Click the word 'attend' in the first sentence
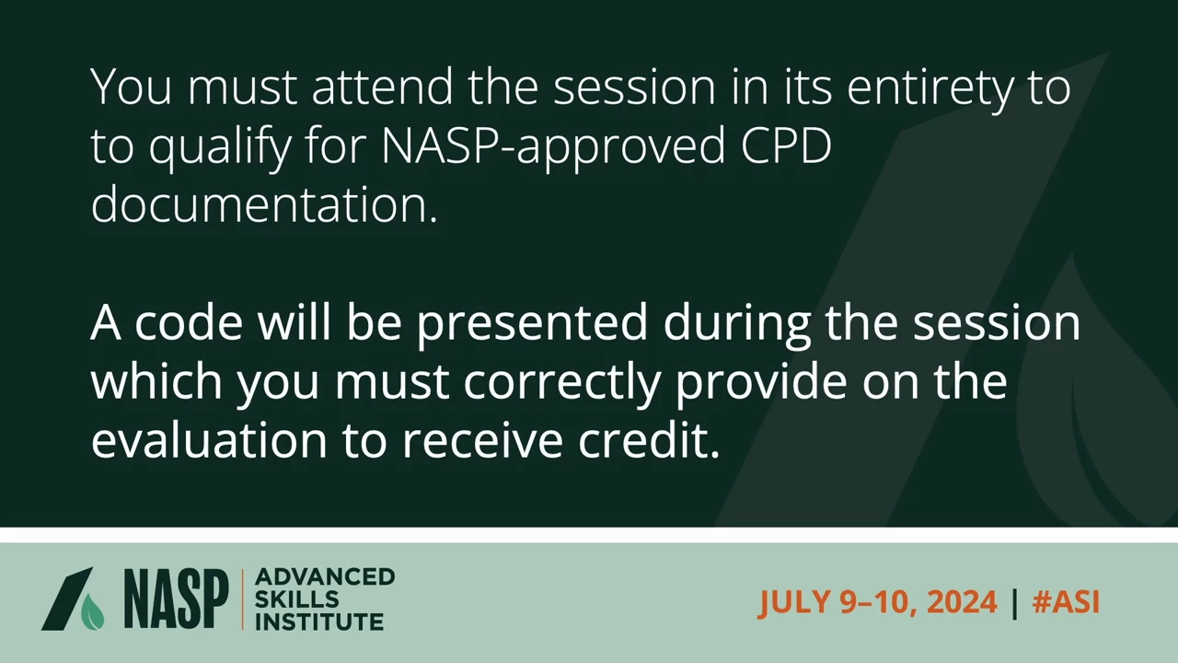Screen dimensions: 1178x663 coord(382,87)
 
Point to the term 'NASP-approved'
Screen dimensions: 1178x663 coord(554,149)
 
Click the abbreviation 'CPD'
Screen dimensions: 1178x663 coord(786,145)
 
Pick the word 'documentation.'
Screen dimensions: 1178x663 coord(264,204)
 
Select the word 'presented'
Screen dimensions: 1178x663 coord(532,327)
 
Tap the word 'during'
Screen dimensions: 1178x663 coord(737,327)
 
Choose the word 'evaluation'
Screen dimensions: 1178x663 coord(209,440)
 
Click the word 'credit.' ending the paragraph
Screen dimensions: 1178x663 coord(649,440)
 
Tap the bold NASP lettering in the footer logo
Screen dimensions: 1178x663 coord(177,599)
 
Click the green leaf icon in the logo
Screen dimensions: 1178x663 coord(93,612)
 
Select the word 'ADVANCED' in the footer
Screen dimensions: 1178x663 coord(325,576)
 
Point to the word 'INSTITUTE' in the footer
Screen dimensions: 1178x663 coord(319,622)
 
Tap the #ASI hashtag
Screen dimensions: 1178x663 coord(1066,601)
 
